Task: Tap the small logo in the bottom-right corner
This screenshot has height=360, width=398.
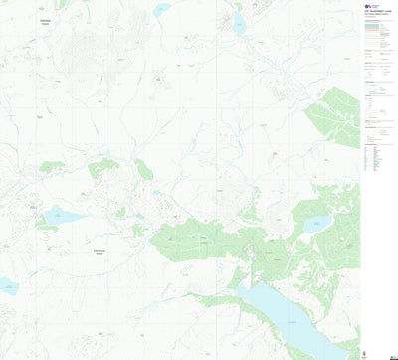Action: click(x=390, y=354)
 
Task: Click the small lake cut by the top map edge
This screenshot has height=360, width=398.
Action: click(x=161, y=8)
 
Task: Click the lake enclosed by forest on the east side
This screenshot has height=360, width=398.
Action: click(x=316, y=224)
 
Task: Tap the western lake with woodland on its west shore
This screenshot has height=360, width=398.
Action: click(x=63, y=215)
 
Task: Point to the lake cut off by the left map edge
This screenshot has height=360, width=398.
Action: click(x=7, y=286)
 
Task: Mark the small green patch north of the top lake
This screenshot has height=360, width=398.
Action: click(x=238, y=7)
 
